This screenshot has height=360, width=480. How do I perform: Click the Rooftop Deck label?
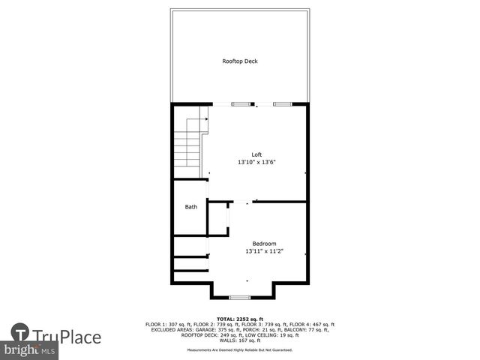coord(240,61)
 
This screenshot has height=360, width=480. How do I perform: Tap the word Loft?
coord(256,154)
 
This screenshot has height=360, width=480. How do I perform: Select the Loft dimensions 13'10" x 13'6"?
coord(256,162)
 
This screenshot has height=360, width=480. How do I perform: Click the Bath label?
coord(191,207)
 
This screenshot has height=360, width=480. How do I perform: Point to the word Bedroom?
coord(264,244)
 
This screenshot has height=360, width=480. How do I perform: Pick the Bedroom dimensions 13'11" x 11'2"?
coord(264,251)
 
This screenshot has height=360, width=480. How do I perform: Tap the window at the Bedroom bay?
coord(240,298)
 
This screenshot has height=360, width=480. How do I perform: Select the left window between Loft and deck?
coord(241,103)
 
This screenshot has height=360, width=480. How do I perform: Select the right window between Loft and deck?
coord(282,103)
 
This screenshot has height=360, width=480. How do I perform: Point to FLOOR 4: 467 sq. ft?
coord(315,324)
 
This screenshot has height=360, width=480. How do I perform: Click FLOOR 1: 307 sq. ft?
coord(166,324)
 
